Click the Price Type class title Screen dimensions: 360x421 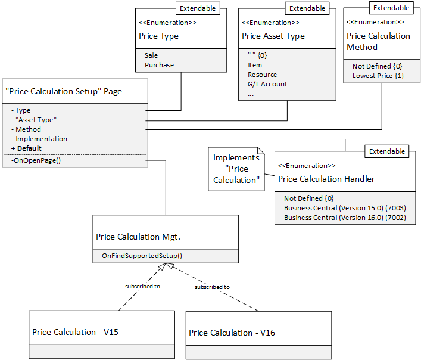tap(158, 36)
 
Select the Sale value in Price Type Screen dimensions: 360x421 tap(151, 55)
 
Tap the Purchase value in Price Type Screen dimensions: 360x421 tap(159, 65)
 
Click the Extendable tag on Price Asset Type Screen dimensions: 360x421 tap(307, 8)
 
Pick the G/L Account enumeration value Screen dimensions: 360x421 tap(267, 84)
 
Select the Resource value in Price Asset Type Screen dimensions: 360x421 tap(262, 75)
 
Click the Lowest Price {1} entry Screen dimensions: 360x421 tap(378, 76)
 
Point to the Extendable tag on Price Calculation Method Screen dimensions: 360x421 tap(391, 8)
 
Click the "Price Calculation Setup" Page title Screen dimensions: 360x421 tap(63, 91)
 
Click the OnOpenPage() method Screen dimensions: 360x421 tap(36, 160)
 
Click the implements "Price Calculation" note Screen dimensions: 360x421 tap(236, 169)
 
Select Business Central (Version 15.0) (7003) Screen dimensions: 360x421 tap(344, 208)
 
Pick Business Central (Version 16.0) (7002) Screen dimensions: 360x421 tap(344, 218)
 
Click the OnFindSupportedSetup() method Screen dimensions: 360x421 tap(142, 256)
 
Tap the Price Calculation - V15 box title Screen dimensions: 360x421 tap(75, 332)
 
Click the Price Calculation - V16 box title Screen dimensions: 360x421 tap(232, 333)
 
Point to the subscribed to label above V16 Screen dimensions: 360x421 tap(213, 287)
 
